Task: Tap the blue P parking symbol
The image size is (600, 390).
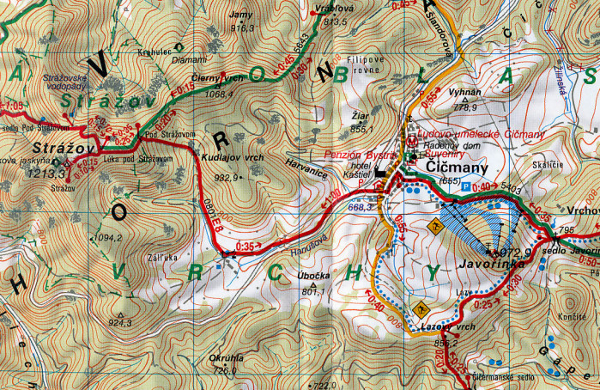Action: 466,185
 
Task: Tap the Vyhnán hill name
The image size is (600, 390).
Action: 465,92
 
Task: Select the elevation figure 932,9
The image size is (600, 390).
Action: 226,178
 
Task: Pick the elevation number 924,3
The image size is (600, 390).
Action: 120,323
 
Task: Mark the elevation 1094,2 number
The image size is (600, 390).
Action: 109,238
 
